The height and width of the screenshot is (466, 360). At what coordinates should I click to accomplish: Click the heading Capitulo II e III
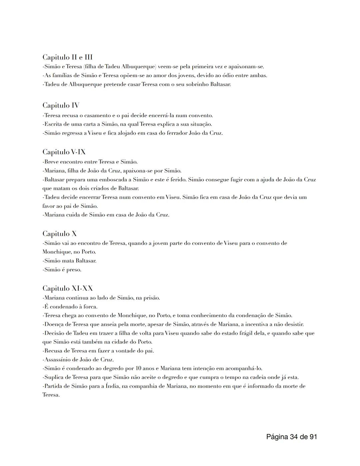[x=67, y=57]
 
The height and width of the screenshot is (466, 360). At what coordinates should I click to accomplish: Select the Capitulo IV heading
[x=61, y=105]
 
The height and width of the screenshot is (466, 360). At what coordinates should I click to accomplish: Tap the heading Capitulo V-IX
[x=64, y=152]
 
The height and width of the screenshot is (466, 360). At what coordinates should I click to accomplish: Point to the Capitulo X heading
[x=59, y=234]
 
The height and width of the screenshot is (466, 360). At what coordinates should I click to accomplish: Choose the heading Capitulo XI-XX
[x=67, y=289]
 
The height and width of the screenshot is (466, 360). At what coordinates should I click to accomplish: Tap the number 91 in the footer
[x=313, y=437]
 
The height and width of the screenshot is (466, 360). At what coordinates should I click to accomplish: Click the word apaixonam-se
[x=246, y=67]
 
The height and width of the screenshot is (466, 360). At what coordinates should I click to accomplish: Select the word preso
[x=74, y=270]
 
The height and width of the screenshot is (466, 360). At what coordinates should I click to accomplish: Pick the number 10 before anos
[x=140, y=369]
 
